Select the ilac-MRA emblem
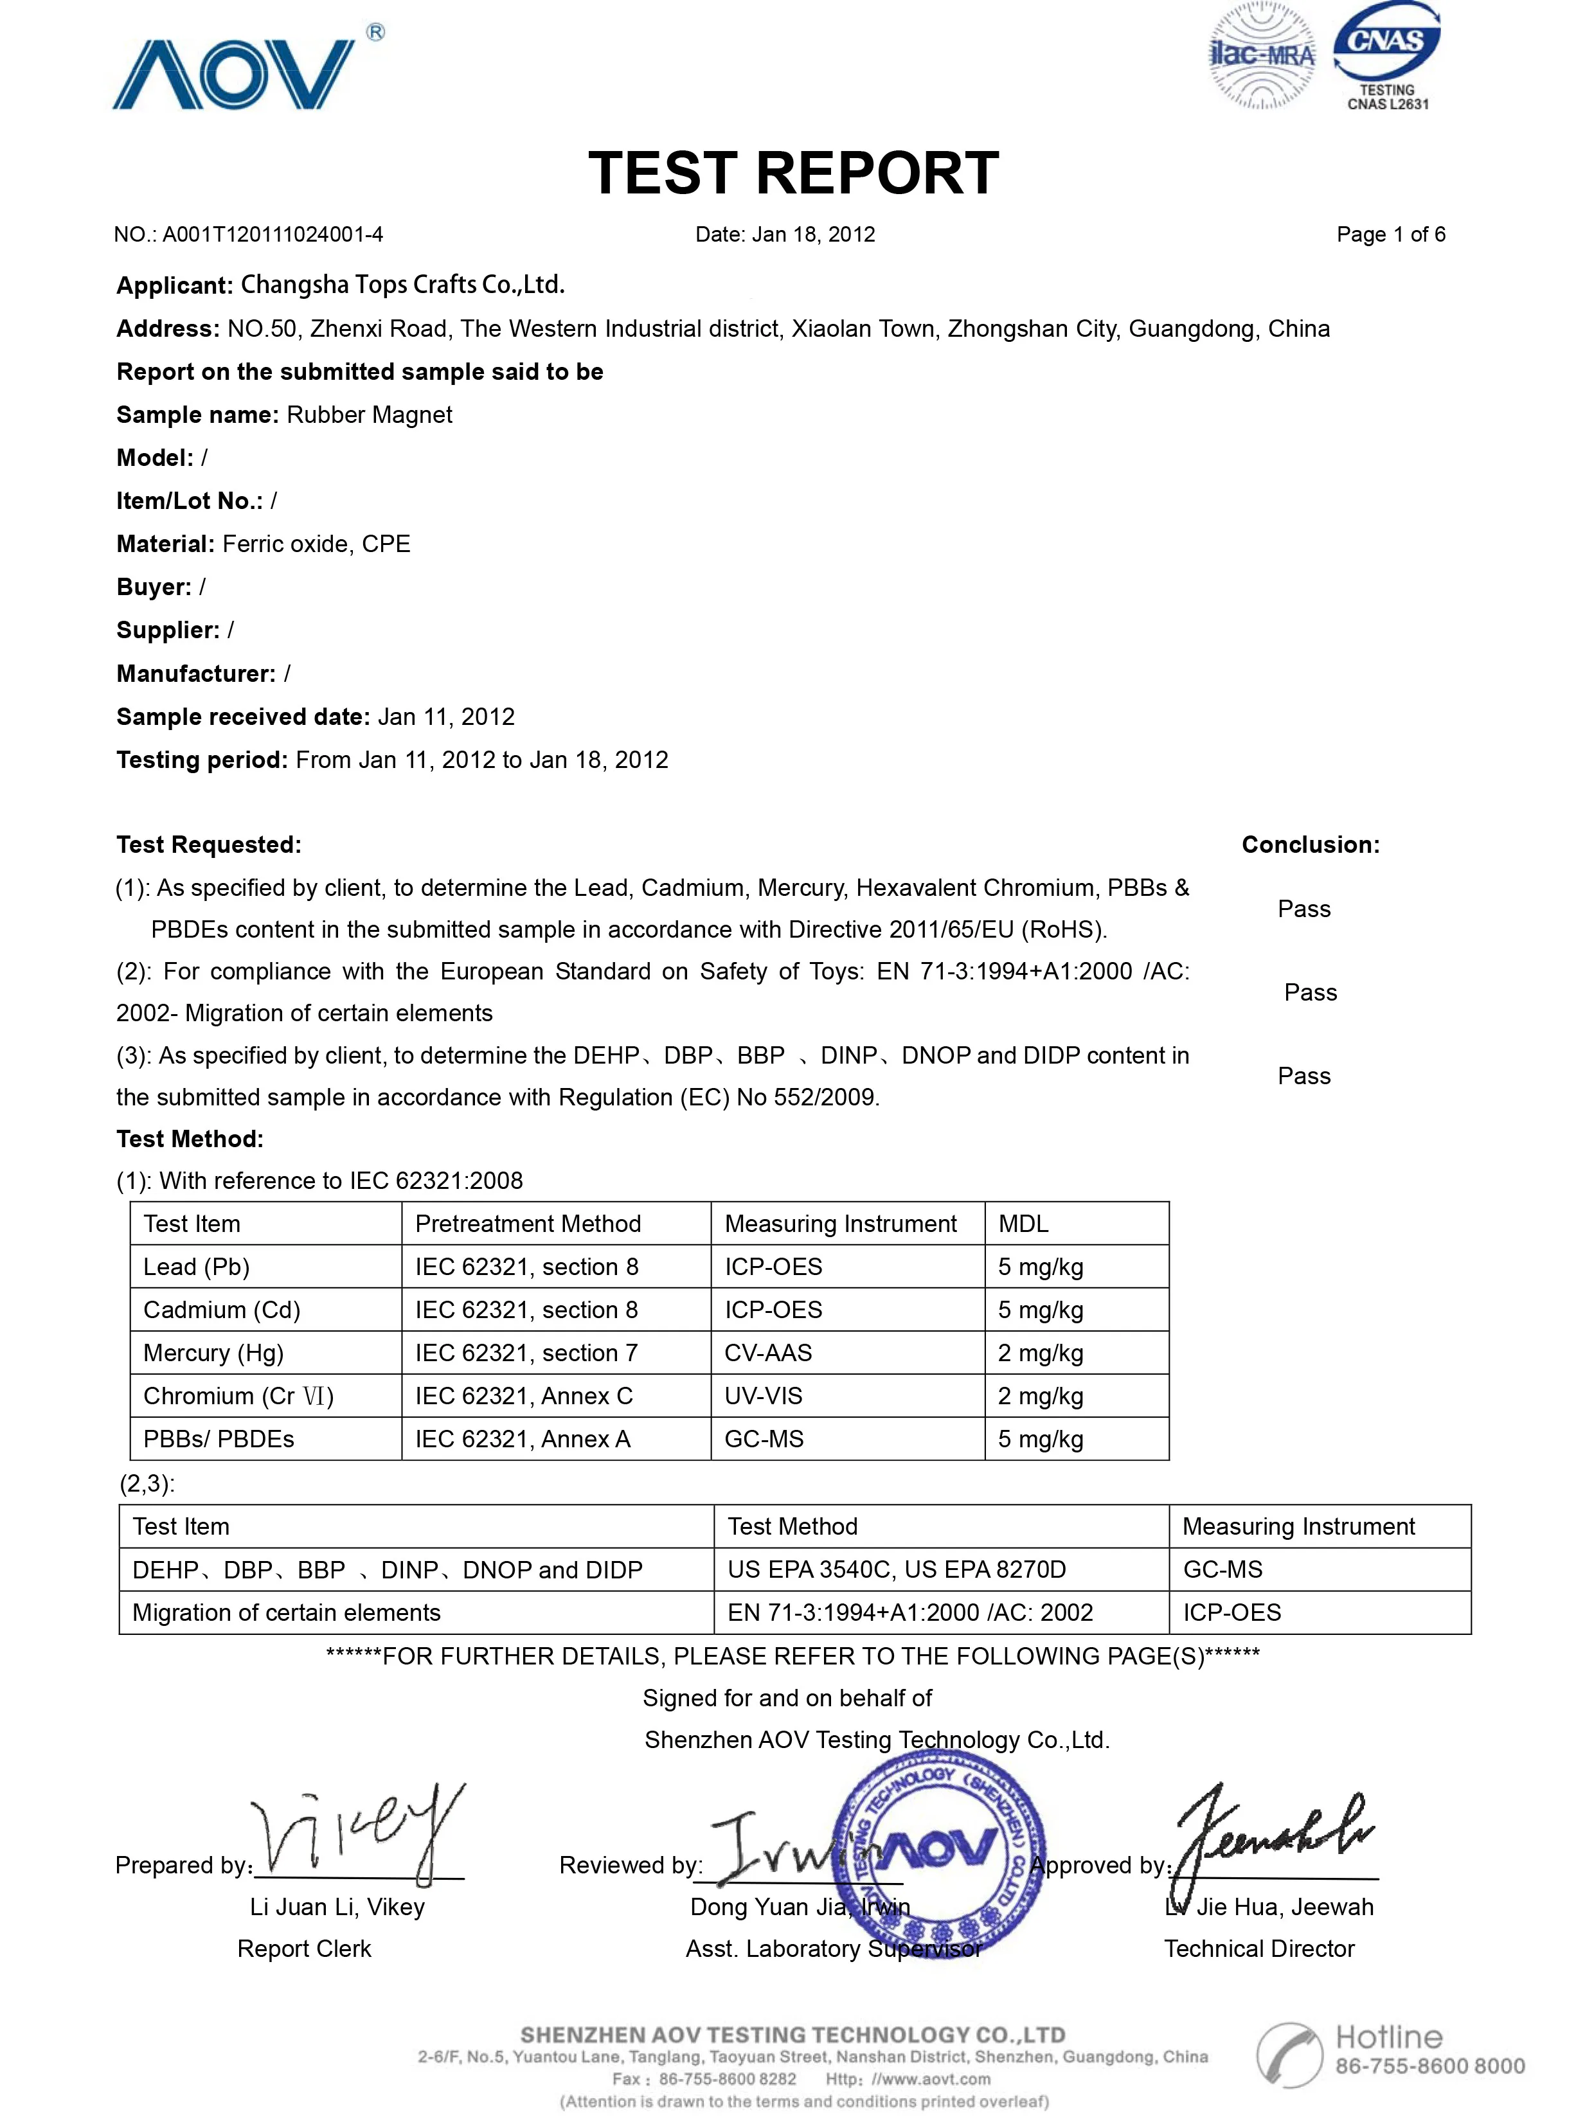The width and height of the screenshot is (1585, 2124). [1262, 56]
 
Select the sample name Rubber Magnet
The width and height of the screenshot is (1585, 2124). [370, 415]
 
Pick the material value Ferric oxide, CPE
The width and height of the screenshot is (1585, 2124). [317, 544]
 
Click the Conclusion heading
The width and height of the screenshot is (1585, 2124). [1310, 845]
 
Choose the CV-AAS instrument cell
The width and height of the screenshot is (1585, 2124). [769, 1353]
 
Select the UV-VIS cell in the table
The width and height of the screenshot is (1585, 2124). [764, 1396]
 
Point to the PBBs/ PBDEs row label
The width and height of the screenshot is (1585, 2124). [219, 1439]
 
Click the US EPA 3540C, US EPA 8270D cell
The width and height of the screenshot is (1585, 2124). [896, 1569]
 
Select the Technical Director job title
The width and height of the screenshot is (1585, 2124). [1258, 1949]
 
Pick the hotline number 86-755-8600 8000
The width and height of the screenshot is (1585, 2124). [1429, 2066]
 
